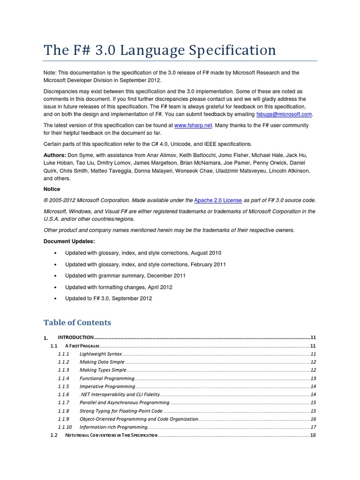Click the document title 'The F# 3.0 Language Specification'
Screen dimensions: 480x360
click(160, 50)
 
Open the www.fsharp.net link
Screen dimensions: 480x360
click(193, 125)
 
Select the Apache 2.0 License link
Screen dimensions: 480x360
click(218, 200)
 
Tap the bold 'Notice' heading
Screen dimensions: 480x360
click(52, 189)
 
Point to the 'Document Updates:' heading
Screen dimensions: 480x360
click(69, 241)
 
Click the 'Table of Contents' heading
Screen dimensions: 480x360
click(77, 322)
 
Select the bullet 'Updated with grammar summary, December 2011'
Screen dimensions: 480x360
click(126, 276)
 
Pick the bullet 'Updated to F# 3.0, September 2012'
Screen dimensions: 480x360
click(109, 298)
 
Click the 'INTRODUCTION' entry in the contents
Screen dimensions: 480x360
click(76, 337)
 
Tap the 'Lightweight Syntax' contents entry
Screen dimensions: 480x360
click(101, 353)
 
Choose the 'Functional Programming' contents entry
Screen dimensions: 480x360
click(106, 378)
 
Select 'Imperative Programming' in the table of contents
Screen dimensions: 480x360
click(107, 386)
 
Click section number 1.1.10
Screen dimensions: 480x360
click(65, 427)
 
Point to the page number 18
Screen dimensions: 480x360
click(313, 435)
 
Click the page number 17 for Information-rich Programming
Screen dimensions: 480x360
click(313, 427)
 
